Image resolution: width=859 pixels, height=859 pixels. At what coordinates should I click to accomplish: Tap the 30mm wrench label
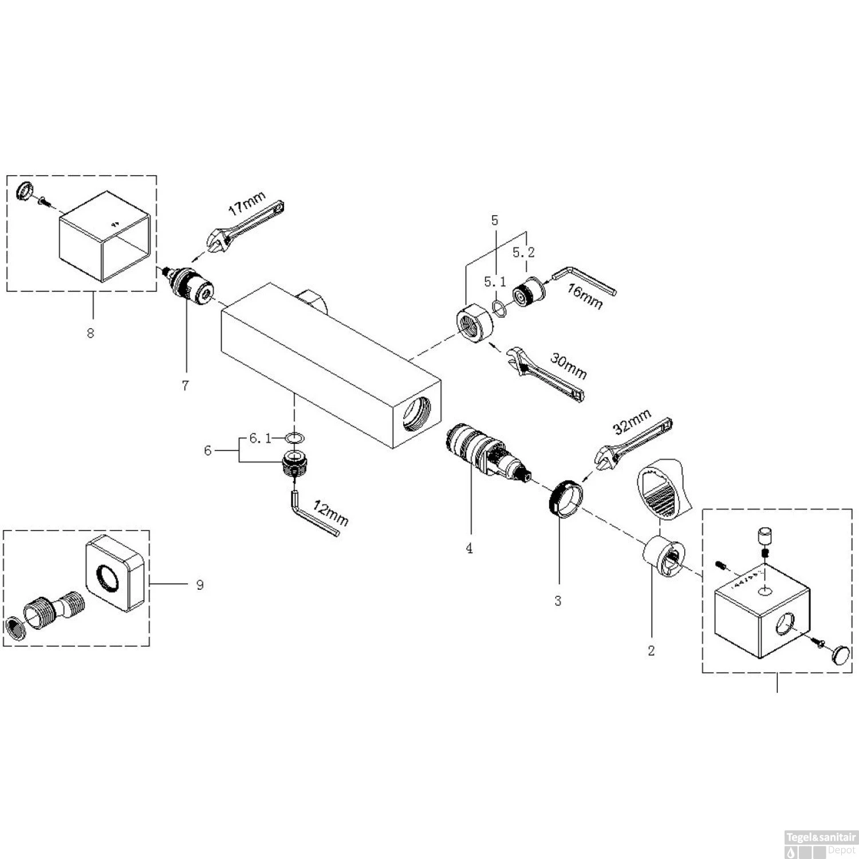(x=569, y=365)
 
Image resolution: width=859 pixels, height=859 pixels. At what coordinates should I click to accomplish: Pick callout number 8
(x=90, y=333)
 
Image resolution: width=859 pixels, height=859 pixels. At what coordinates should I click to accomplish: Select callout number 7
(x=185, y=385)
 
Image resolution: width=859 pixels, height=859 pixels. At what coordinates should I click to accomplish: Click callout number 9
(x=199, y=585)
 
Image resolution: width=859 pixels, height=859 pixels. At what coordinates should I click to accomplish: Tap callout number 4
(x=470, y=548)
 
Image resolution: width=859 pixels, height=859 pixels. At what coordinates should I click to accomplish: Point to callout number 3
(x=558, y=601)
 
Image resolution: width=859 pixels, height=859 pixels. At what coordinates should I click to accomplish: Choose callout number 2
(x=651, y=651)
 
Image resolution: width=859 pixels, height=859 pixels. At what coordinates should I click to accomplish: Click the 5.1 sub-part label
(x=495, y=282)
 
